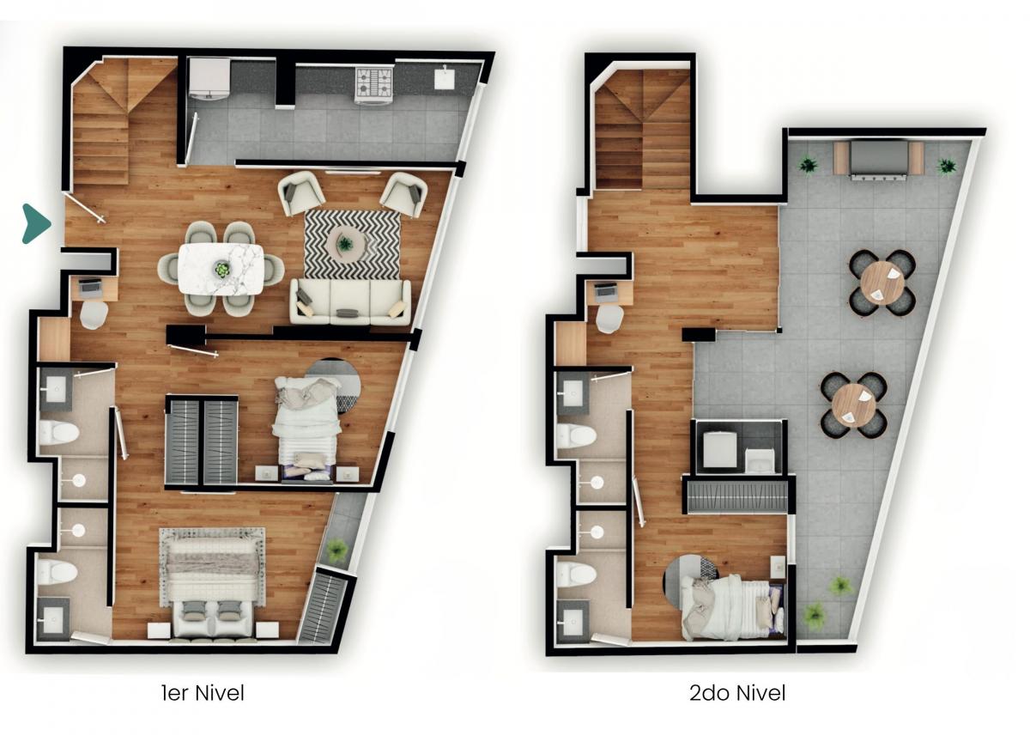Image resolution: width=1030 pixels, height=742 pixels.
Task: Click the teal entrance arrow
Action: coord(36,223)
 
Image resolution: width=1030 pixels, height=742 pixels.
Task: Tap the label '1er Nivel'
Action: coord(203,693)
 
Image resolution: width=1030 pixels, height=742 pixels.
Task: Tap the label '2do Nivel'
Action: coord(737,693)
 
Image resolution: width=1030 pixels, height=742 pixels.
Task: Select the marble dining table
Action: coord(221,269)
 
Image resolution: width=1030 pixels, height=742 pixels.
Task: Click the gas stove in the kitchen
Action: coord(374,86)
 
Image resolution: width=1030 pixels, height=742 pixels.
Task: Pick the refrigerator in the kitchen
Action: coord(210,78)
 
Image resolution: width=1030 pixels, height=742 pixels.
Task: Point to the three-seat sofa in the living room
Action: coord(350,301)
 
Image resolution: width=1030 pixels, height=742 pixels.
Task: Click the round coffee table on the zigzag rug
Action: coord(346,243)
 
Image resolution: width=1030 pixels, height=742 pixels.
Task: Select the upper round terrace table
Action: coord(882,283)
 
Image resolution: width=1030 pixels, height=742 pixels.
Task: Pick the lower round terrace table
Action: coord(854,405)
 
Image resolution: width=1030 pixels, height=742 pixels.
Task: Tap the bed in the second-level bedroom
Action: coord(731,608)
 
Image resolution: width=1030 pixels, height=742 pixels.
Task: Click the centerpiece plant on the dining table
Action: coord(222,269)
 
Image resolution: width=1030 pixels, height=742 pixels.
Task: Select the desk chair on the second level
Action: coord(609,319)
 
